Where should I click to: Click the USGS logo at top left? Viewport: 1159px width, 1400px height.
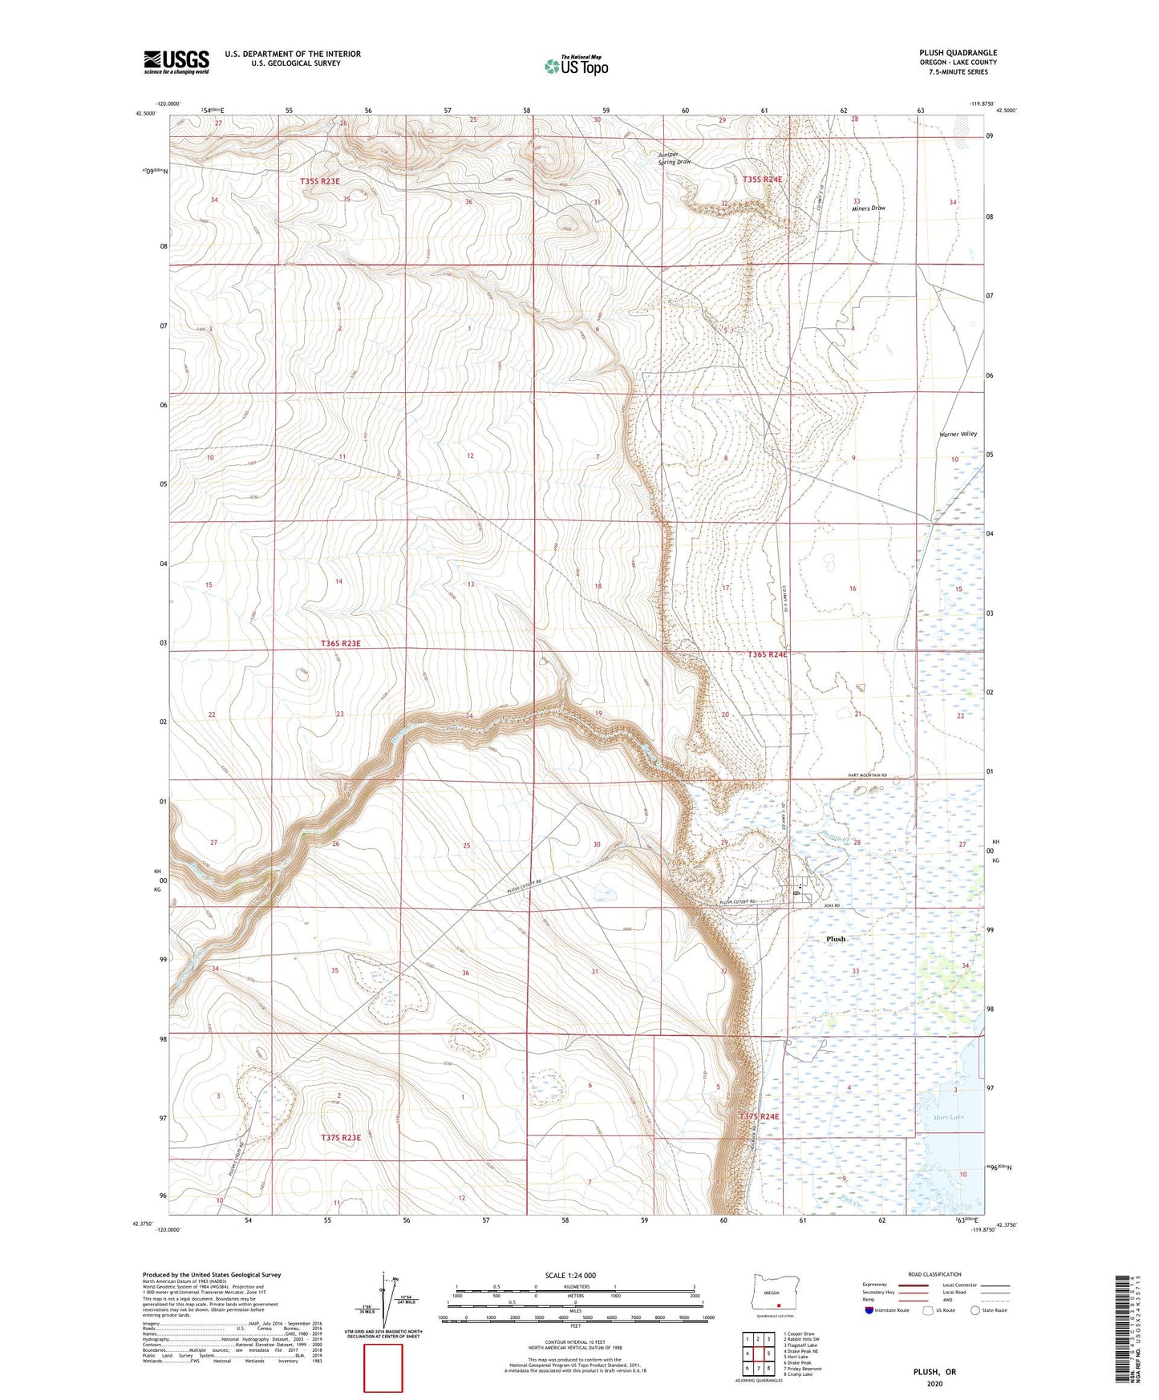pyautogui.click(x=176, y=62)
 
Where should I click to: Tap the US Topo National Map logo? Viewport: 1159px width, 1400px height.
pyautogui.click(x=576, y=65)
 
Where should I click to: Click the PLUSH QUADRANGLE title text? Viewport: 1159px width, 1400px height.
pyautogui.click(x=958, y=53)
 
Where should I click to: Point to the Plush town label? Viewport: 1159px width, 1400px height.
pyautogui.click(x=836, y=939)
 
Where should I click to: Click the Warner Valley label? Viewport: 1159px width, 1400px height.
pyautogui.click(x=958, y=434)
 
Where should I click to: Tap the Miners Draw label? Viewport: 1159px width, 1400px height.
pyautogui.click(x=869, y=208)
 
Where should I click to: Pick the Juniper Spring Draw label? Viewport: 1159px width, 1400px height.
pyautogui.click(x=674, y=158)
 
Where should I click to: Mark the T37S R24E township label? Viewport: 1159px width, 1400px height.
pyautogui.click(x=759, y=1116)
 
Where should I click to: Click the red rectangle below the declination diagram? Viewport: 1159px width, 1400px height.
pyautogui.click(x=383, y=1369)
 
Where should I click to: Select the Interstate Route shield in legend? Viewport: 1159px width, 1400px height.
pyautogui.click(x=869, y=1310)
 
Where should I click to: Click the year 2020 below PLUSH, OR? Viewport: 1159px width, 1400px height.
pyautogui.click(x=934, y=1383)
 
